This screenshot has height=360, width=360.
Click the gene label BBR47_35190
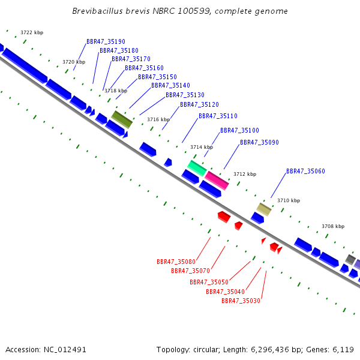106,41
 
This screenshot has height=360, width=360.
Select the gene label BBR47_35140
170,85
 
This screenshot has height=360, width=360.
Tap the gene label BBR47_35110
218,116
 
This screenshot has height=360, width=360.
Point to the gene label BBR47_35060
305,171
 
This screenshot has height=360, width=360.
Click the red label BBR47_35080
176,262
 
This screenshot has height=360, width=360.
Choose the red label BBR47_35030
241,301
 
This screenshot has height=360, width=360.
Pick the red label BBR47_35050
209,282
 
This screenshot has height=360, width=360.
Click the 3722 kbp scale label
32,32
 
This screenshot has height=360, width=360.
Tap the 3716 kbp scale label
158,119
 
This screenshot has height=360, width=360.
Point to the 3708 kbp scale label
333,226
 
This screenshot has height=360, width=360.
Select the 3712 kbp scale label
245,174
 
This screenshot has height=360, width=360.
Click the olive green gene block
122,119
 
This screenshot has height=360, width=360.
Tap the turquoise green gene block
197,168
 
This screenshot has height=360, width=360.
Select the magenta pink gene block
217,181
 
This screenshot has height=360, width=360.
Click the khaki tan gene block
264,209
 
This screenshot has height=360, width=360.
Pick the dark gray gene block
350,259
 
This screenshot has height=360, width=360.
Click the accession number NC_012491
65,350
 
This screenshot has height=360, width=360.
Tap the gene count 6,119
343,350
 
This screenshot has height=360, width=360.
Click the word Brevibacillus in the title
98,11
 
